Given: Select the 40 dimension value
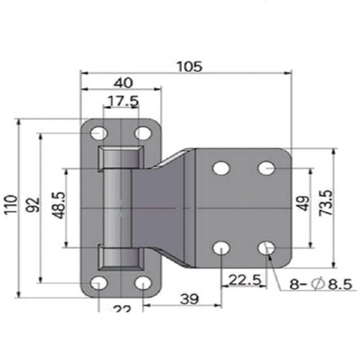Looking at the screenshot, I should point(122,83).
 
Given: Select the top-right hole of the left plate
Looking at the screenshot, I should point(142,132).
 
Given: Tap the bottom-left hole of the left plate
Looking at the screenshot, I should point(100,283).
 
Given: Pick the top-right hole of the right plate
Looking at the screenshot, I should point(267,166).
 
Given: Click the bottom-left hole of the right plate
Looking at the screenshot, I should point(222,249).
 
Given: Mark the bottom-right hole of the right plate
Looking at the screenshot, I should point(267,249).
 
